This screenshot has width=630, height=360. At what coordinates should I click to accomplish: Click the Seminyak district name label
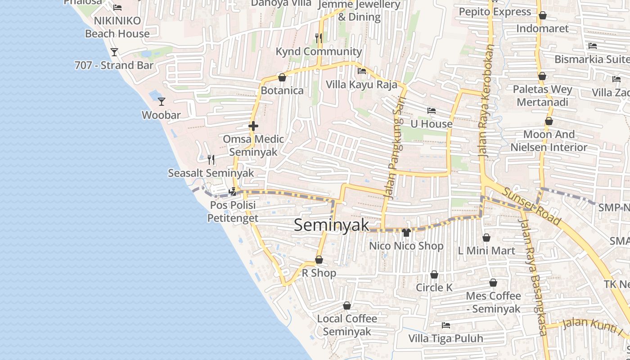point(331,225)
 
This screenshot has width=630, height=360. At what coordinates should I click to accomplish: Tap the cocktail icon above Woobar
point(162,102)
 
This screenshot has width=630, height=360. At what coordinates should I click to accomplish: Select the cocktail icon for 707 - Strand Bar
point(114,52)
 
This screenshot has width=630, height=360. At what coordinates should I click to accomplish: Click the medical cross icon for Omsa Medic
point(253,126)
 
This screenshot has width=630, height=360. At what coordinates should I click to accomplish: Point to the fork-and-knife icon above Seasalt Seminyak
point(211,159)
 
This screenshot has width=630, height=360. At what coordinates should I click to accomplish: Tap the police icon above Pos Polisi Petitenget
point(233,192)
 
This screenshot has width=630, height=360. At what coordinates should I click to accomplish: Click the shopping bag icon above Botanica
point(282,77)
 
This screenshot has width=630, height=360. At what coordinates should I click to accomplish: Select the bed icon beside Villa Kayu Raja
point(361,71)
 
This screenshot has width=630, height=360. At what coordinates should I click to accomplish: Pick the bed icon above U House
point(432,111)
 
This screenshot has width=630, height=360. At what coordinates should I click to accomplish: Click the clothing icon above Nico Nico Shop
point(406,233)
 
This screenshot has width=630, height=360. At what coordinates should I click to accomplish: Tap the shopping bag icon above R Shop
point(319,260)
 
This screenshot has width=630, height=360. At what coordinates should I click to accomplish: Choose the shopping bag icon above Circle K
point(434,274)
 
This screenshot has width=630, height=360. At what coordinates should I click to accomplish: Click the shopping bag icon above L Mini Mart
point(486,237)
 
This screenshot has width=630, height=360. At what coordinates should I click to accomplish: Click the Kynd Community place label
point(319,52)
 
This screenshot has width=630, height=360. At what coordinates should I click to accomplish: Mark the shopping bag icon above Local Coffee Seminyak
point(347,306)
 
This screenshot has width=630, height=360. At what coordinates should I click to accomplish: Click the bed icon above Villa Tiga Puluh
point(446,325)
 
